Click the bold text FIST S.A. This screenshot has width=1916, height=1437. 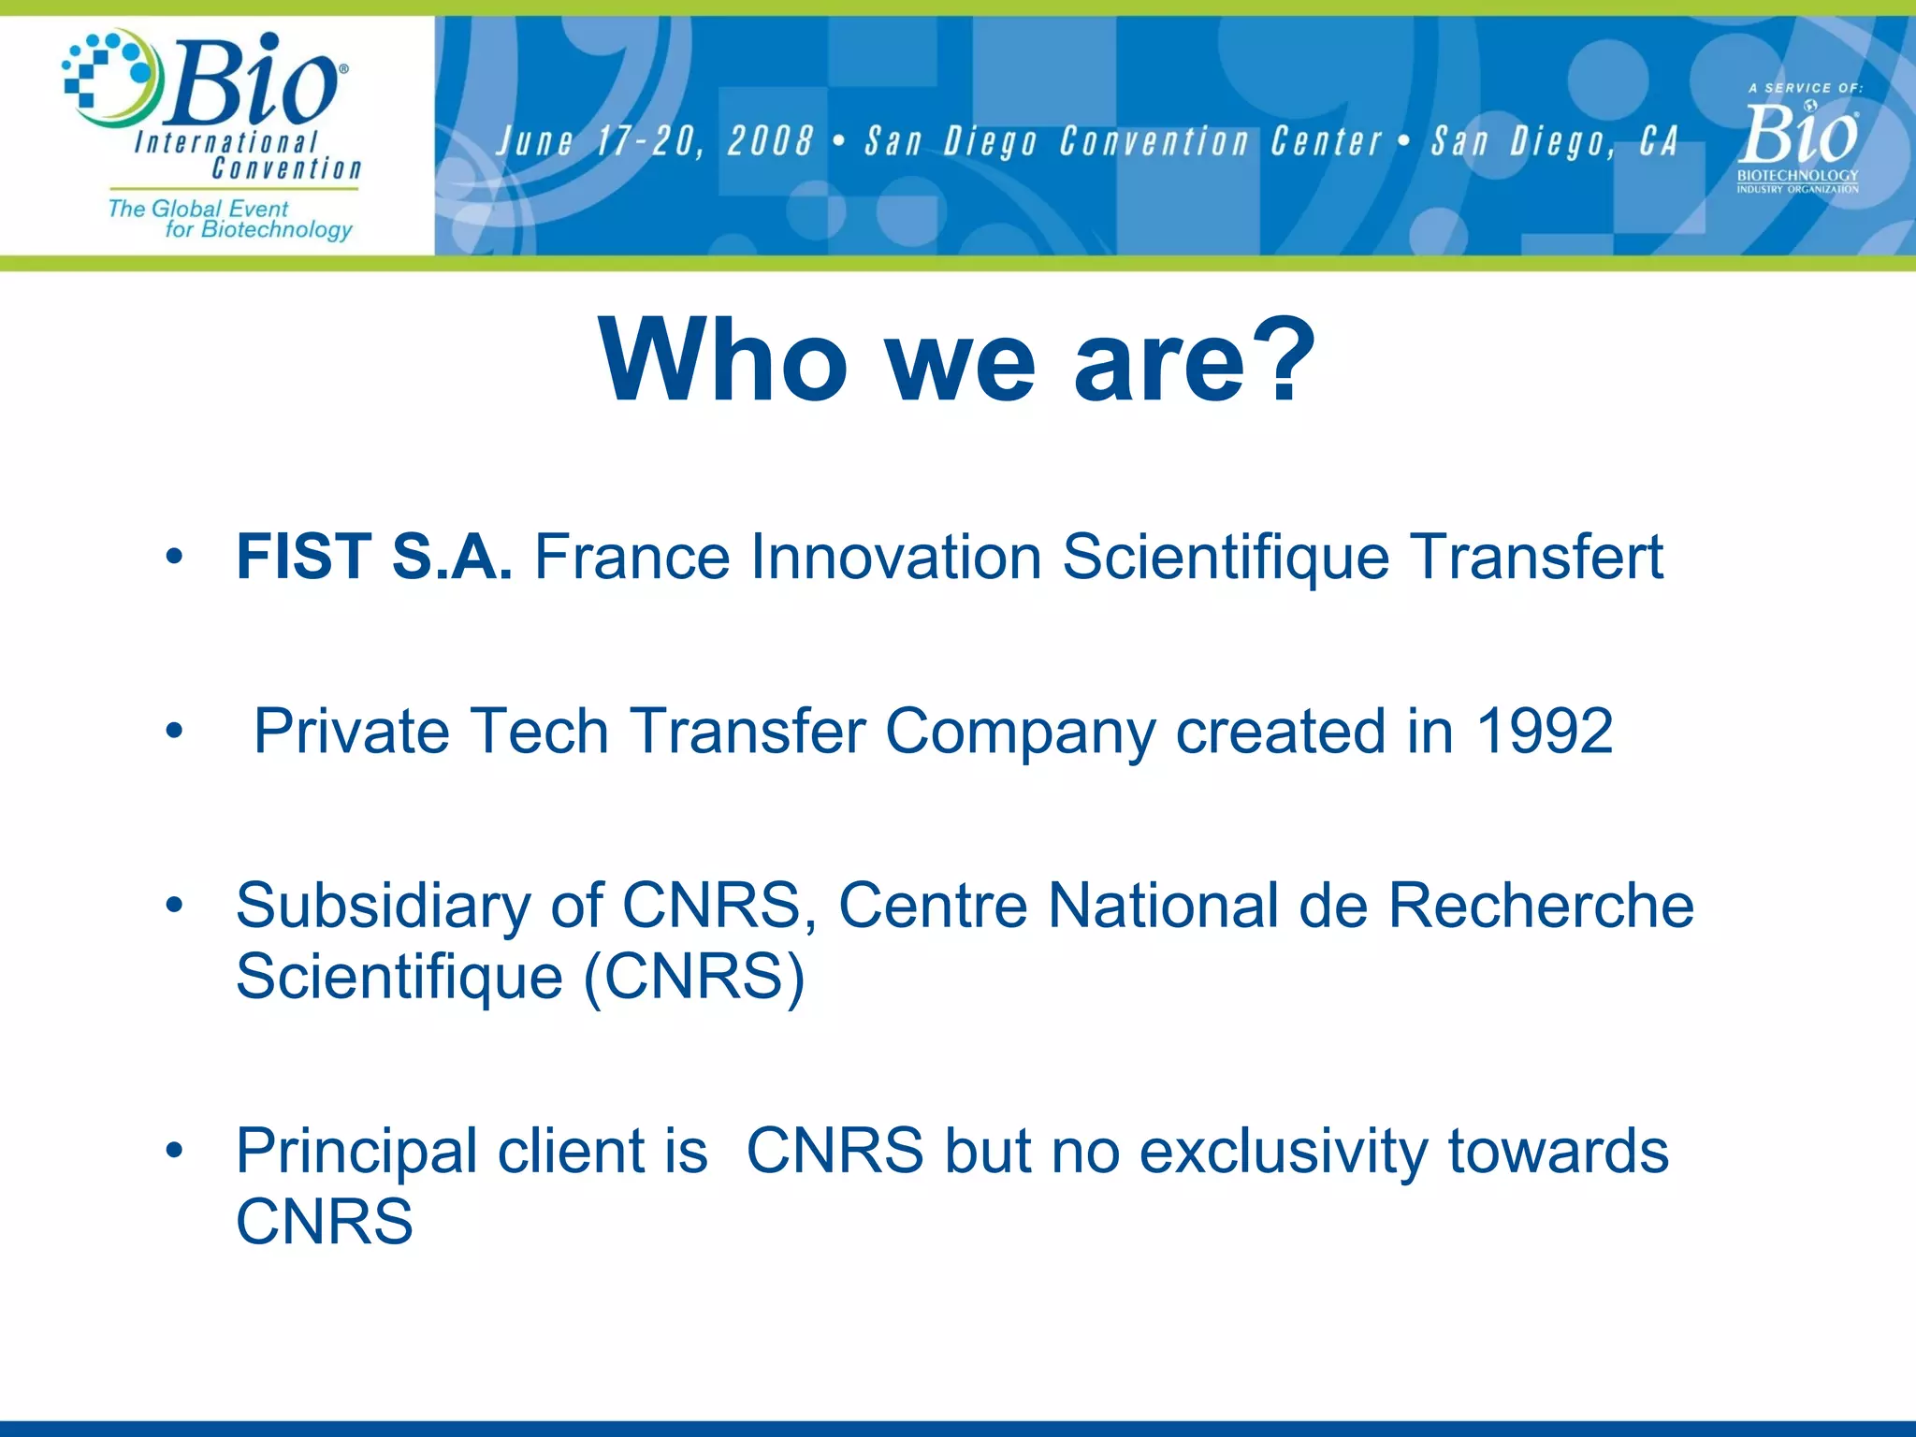(x=373, y=558)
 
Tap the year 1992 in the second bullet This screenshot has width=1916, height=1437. (x=1544, y=731)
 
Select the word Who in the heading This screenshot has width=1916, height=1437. (x=723, y=361)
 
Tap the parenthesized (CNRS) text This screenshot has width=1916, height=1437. (x=693, y=978)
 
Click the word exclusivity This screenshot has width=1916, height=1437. (x=1283, y=1152)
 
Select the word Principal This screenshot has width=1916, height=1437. (x=356, y=1152)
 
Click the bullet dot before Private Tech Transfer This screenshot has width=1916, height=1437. (x=173, y=732)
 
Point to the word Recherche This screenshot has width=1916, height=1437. (x=1540, y=906)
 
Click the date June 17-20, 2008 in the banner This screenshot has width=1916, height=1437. (x=654, y=142)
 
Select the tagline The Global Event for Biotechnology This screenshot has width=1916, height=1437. (x=230, y=219)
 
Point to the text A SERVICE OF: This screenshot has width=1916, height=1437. (x=1805, y=88)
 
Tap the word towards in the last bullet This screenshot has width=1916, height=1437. (x=1558, y=1152)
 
